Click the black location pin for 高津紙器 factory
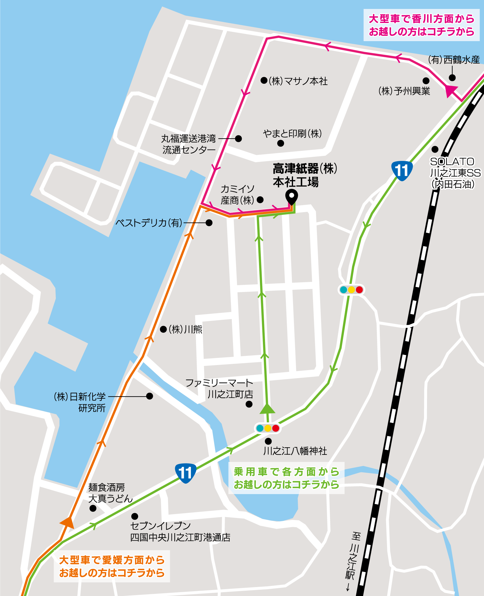pyautogui.click(x=292, y=197)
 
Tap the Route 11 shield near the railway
pyautogui.click(x=402, y=171)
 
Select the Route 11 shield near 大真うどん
pyautogui.click(x=185, y=473)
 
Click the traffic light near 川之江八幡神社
pyautogui.click(x=268, y=428)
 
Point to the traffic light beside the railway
pyautogui.click(x=351, y=290)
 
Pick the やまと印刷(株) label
pyautogui.click(x=292, y=134)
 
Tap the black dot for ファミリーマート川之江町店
pyautogui.click(x=249, y=404)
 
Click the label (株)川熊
pyautogui.click(x=185, y=329)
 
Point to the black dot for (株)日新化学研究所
pyautogui.click(x=149, y=396)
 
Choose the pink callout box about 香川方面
pyautogui.click(x=421, y=25)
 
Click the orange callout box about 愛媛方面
pyautogui.click(x=112, y=566)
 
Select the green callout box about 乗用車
pyautogui.click(x=286, y=478)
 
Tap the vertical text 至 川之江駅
pyautogui.click(x=354, y=560)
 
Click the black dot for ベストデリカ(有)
pyautogui.click(x=209, y=223)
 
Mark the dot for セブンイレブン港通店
pyautogui.click(x=135, y=516)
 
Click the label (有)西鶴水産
pyautogui.click(x=454, y=60)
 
